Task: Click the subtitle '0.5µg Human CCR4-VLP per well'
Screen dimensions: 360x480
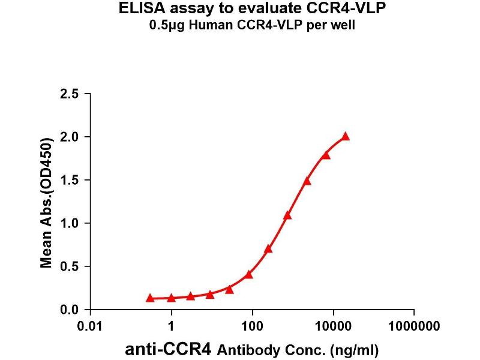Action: coord(240,27)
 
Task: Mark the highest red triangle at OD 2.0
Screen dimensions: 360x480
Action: coord(345,137)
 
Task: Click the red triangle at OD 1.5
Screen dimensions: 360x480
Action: coord(307,181)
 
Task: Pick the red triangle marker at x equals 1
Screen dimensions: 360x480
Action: coord(172,298)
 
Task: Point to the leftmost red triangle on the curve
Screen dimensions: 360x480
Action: coord(149,298)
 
